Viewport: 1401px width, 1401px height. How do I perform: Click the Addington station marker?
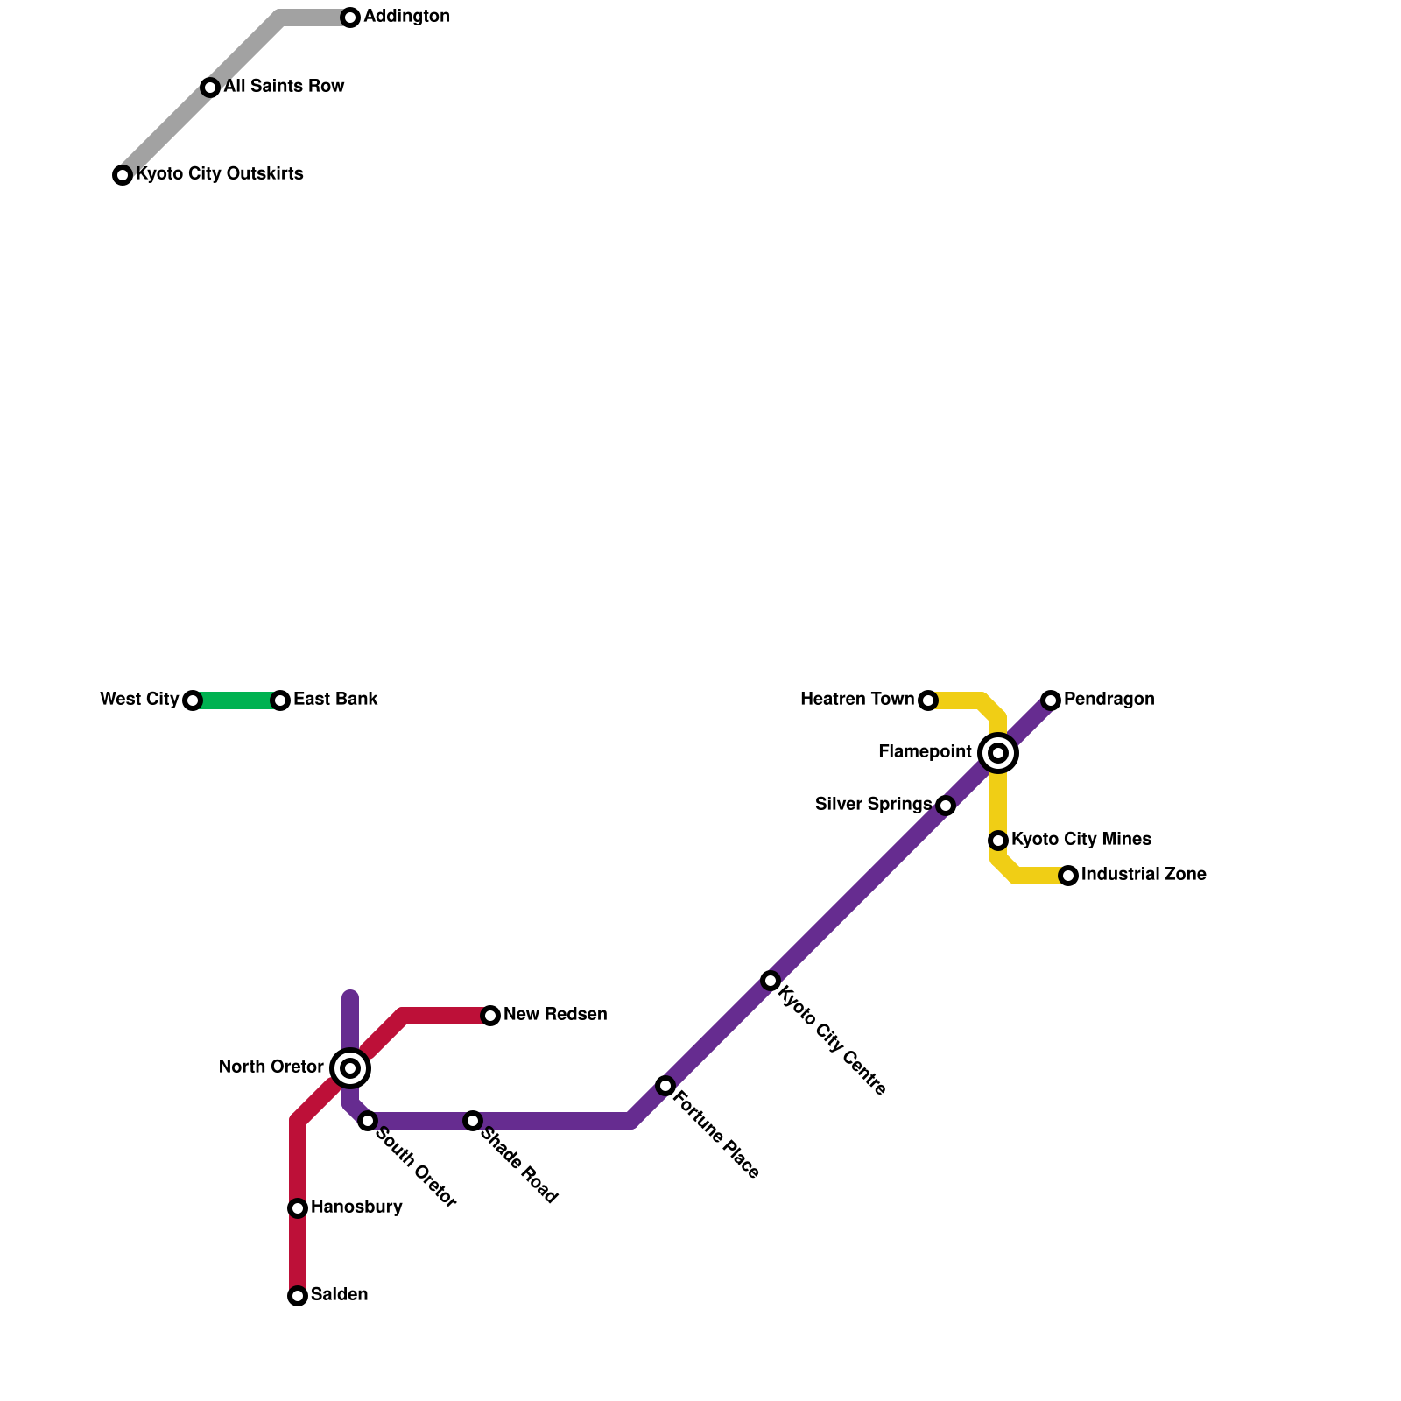pos(350,18)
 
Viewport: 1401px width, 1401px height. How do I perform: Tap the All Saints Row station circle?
pos(210,88)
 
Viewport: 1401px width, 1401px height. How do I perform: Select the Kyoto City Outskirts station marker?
pos(123,175)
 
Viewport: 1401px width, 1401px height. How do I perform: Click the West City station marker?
pos(193,700)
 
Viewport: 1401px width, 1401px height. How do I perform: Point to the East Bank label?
pos(335,700)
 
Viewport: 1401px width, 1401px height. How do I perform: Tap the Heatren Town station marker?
pos(928,700)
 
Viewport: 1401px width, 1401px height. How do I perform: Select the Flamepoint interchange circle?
pos(998,753)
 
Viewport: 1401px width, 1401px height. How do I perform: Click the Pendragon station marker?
pos(1051,700)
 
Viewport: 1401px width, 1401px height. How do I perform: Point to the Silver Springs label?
pos(873,805)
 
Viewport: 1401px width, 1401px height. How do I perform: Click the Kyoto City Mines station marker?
pos(998,841)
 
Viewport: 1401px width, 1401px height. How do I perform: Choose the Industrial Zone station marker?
pos(1068,876)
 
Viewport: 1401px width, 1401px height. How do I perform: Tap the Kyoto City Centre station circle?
pos(771,981)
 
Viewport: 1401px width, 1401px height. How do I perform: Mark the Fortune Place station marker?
pos(665,1086)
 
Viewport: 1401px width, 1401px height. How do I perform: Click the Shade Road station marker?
pos(473,1121)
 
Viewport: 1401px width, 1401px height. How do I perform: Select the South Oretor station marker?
pos(368,1121)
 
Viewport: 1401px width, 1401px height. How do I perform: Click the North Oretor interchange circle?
pos(350,1068)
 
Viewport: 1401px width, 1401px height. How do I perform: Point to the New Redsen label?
pos(555,1015)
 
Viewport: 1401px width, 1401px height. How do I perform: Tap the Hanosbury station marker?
pos(298,1208)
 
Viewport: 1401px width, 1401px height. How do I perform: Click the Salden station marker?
pos(298,1296)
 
